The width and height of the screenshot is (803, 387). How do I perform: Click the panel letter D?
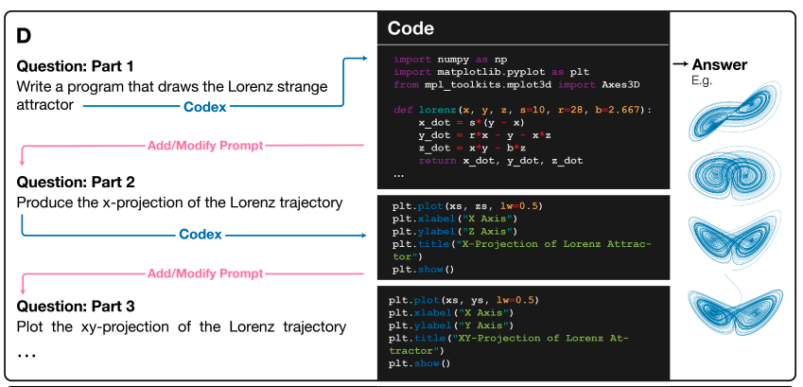(25, 36)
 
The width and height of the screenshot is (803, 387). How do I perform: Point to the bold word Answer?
(720, 65)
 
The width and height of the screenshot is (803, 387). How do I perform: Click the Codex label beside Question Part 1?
(204, 108)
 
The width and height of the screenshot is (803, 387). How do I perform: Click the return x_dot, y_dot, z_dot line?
(500, 161)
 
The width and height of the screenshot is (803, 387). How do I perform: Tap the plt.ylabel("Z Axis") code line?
(453, 231)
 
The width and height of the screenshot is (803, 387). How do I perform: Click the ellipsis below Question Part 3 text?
(26, 351)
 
